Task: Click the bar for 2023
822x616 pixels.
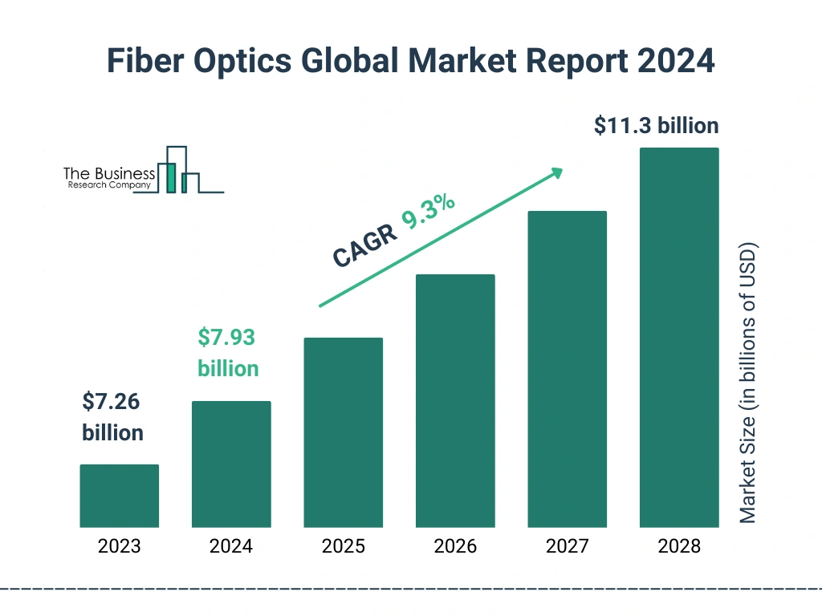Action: click(x=119, y=496)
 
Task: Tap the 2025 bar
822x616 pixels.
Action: click(x=343, y=432)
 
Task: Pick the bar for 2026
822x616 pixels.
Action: click(x=455, y=401)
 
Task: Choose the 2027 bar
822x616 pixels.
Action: click(x=567, y=369)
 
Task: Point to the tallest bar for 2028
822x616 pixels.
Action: click(x=678, y=338)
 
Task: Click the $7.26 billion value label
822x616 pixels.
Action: click(x=112, y=417)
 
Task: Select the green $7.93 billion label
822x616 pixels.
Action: click(x=228, y=353)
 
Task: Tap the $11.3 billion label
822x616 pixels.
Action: click(x=656, y=126)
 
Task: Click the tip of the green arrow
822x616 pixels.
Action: click(x=560, y=170)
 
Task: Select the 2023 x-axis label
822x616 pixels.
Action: click(x=119, y=547)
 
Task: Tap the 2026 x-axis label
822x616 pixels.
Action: click(x=455, y=547)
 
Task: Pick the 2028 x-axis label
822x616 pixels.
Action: click(x=678, y=547)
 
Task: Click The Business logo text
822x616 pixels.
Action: click(x=108, y=174)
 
